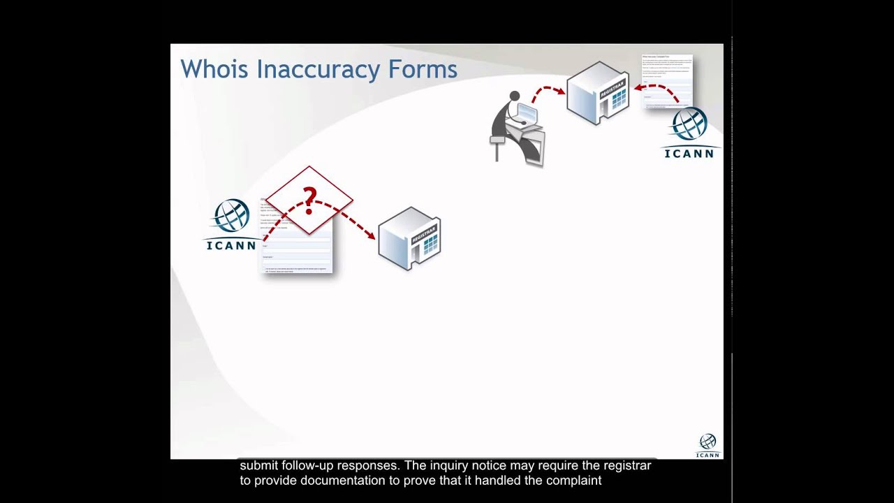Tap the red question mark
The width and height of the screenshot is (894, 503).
pos(309,198)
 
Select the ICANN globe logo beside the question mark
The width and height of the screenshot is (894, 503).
pos(232,217)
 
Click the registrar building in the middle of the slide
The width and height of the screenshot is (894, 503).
pos(410,238)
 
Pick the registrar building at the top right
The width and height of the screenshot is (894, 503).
pos(598,93)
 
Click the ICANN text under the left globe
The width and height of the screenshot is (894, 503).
pos(231,245)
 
